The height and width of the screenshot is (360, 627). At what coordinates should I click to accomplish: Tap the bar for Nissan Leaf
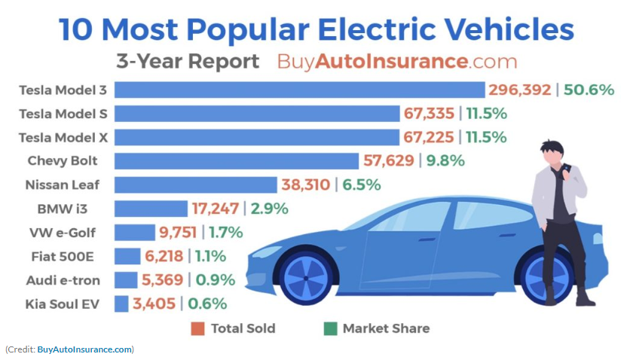(x=196, y=185)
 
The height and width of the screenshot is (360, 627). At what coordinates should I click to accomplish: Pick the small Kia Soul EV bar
(x=121, y=304)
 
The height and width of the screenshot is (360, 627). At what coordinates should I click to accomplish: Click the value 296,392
(x=520, y=90)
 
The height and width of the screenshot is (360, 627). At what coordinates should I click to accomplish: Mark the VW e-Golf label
(x=67, y=232)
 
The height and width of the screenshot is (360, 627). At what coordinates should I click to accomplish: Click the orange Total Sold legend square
(x=198, y=328)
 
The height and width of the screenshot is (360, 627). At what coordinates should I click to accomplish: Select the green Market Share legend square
(x=329, y=328)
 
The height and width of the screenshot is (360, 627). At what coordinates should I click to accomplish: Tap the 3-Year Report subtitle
(x=188, y=61)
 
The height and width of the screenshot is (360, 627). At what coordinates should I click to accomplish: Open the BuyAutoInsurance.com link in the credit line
(x=85, y=349)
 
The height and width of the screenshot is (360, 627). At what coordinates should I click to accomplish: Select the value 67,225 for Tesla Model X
(x=428, y=137)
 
